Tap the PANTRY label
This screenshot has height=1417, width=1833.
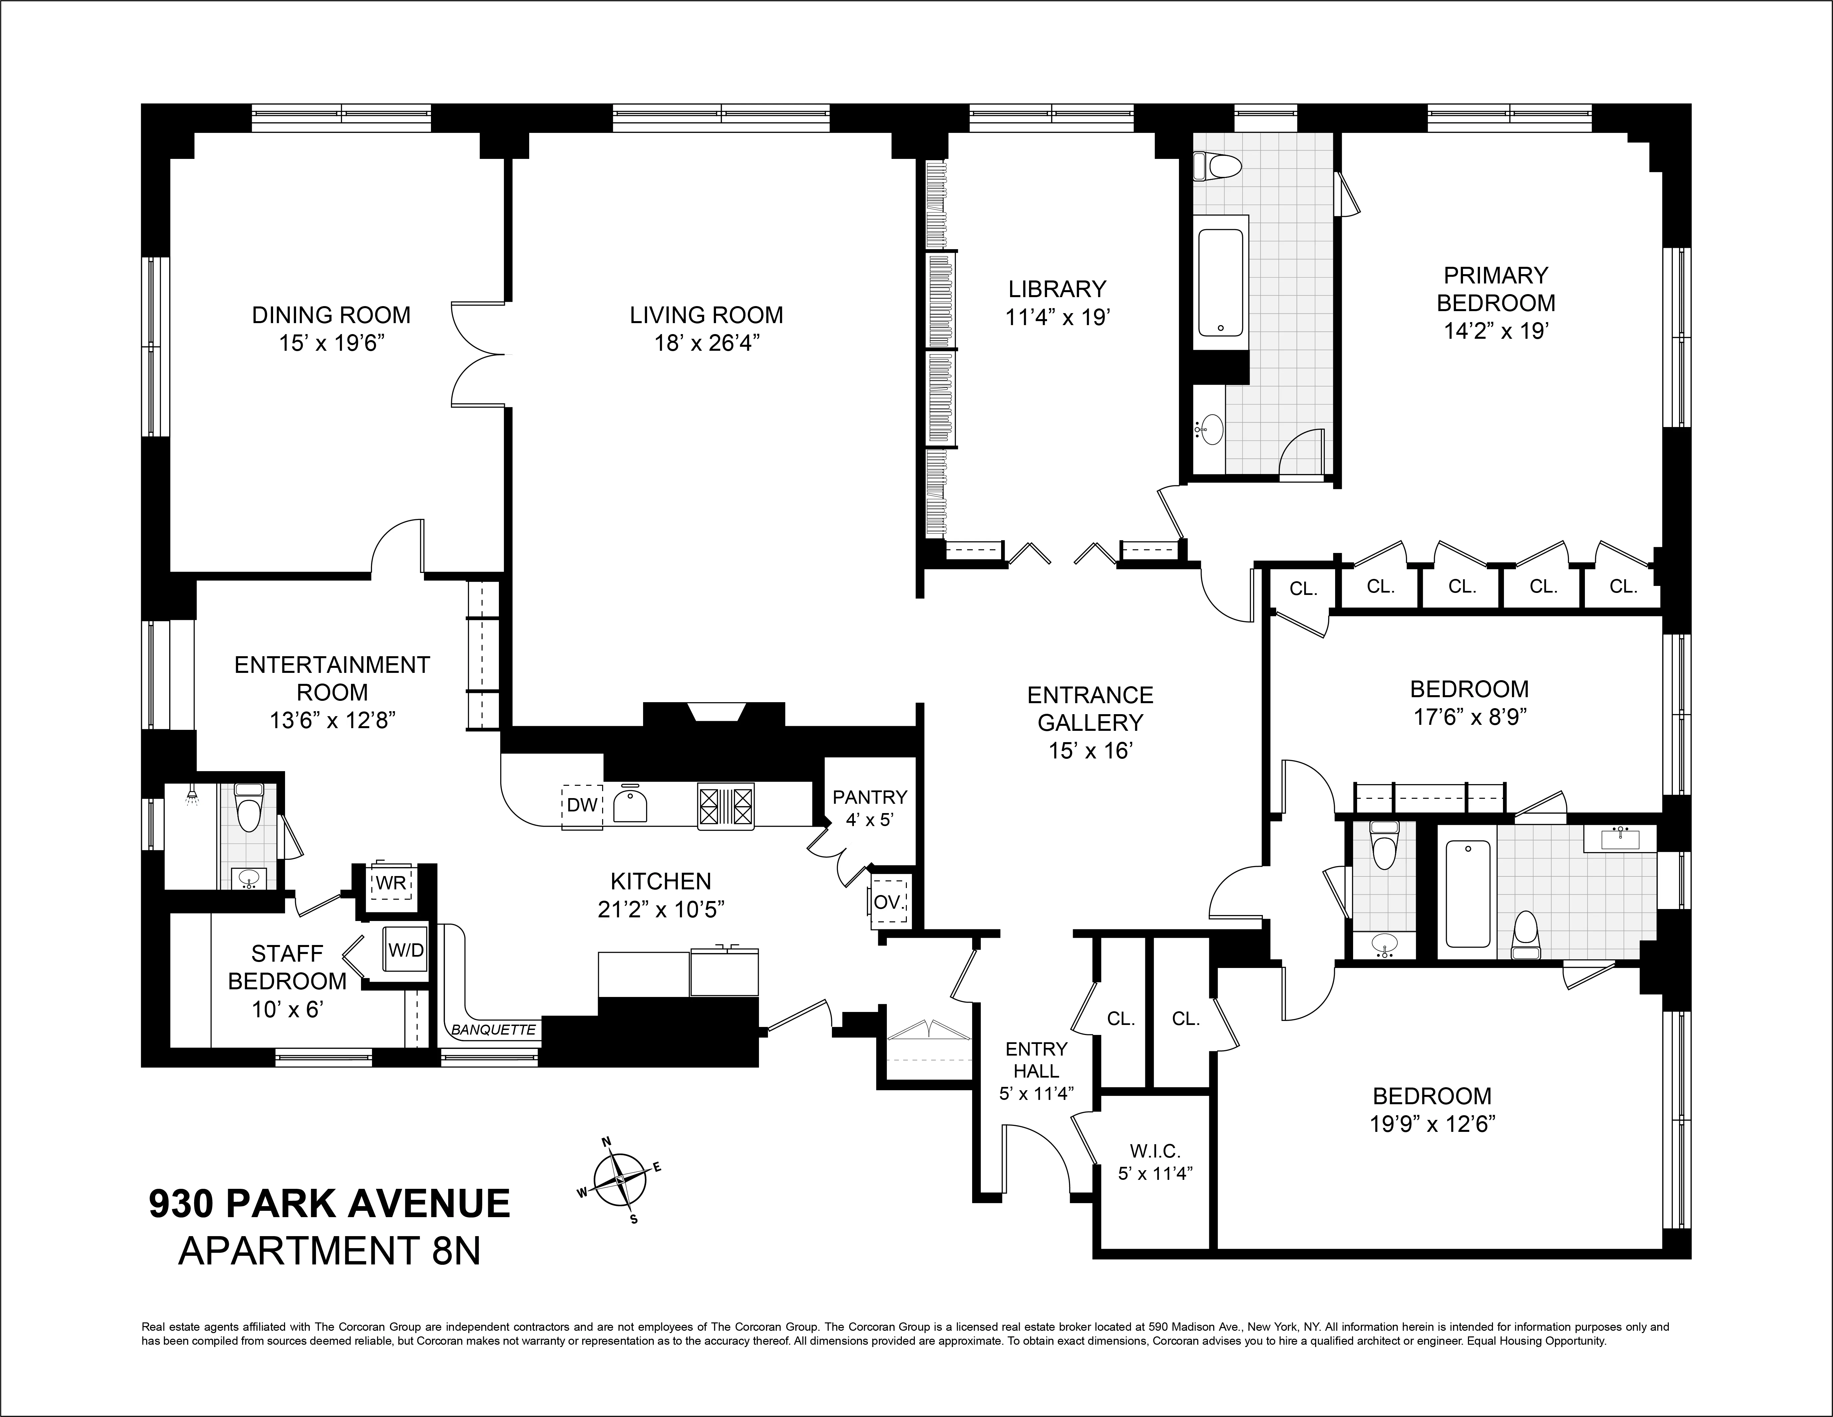870,797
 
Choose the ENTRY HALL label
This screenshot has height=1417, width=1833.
1036,1059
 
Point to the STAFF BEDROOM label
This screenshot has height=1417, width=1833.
287,967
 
